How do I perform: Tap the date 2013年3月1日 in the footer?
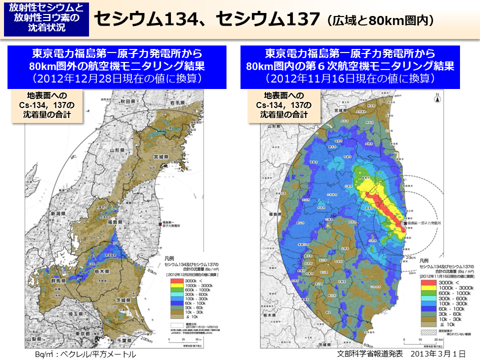[x=438, y=353]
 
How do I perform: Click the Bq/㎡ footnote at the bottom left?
[x=85, y=354]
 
